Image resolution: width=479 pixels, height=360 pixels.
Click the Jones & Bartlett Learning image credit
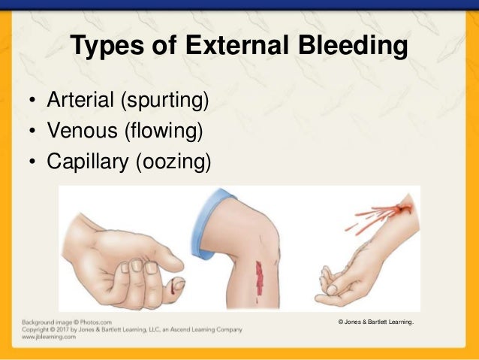tap(376, 322)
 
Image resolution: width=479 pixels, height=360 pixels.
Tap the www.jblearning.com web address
tap(50, 337)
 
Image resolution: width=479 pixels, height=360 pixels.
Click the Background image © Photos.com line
tap(67, 322)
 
